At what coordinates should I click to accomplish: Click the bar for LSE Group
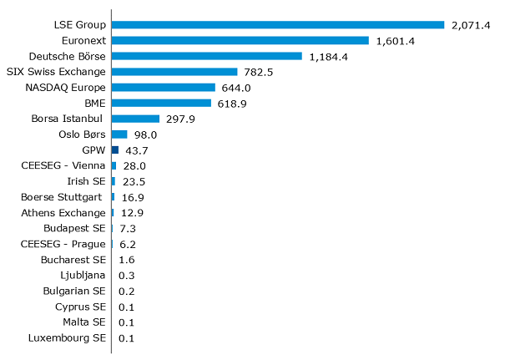[x=277, y=24]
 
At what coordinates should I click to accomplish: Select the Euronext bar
[x=240, y=40]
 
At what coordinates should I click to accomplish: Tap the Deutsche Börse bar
[x=206, y=56]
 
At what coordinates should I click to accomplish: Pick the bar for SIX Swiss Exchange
[x=174, y=72]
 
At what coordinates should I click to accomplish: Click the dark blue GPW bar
[x=115, y=150]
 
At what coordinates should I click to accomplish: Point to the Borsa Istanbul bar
[x=135, y=119]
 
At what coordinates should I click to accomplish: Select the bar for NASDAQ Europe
[x=163, y=87]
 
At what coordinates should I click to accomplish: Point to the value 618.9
[x=234, y=103]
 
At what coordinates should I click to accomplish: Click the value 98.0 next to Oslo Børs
[x=147, y=134]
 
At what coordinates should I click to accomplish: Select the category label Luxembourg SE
[x=67, y=338]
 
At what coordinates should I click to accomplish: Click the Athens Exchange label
[x=63, y=213]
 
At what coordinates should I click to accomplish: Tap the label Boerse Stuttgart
[x=62, y=197]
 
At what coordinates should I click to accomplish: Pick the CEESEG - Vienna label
[x=63, y=165]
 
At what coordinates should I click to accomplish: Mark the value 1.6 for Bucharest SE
[x=127, y=260]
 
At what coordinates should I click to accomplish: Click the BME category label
[x=94, y=103]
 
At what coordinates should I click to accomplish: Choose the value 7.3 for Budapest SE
[x=127, y=228]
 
